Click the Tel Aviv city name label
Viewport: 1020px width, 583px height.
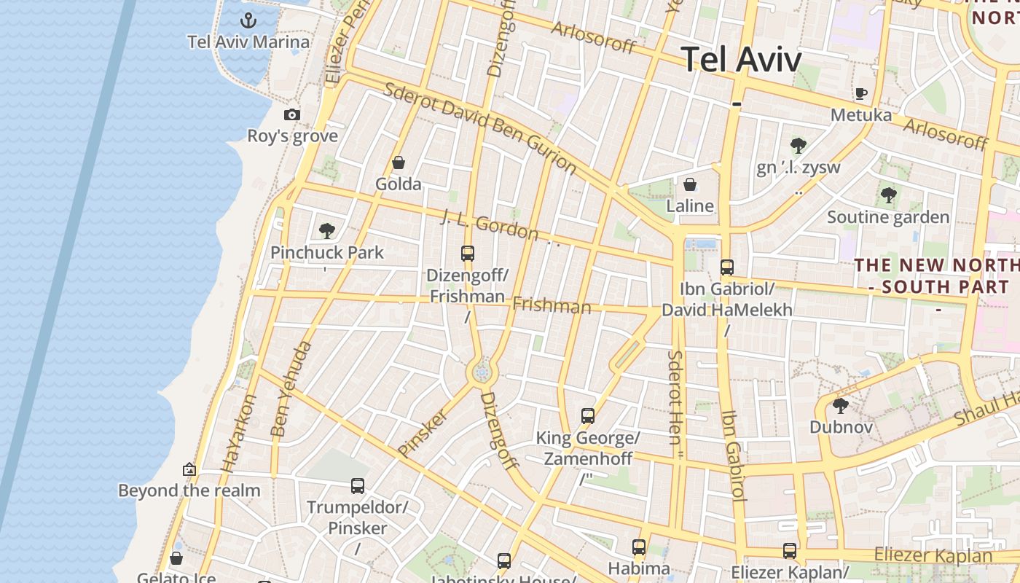click(x=741, y=60)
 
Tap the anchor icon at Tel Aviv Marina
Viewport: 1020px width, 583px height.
click(x=248, y=20)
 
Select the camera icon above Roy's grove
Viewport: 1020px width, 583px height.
click(x=292, y=115)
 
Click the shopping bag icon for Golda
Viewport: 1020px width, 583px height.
click(x=398, y=163)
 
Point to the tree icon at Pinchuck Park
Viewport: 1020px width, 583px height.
click(x=327, y=231)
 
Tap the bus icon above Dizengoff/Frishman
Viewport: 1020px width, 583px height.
click(x=468, y=254)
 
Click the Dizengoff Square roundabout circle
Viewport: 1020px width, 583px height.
click(x=481, y=373)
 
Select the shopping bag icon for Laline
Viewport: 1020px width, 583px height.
click(x=689, y=184)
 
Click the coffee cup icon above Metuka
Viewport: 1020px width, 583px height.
click(x=860, y=93)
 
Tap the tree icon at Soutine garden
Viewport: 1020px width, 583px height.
click(x=888, y=195)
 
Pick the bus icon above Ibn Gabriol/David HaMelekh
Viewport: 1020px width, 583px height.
click(x=726, y=267)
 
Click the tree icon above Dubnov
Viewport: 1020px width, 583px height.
click(x=840, y=405)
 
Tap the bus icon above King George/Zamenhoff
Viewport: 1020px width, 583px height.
click(x=588, y=416)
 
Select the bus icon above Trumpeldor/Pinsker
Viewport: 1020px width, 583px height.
click(x=357, y=485)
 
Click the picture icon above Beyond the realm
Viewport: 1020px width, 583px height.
click(x=189, y=469)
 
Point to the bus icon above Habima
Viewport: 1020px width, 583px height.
click(x=639, y=547)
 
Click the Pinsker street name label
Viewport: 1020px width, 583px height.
click(x=423, y=432)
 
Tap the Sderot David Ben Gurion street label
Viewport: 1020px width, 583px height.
click(x=480, y=128)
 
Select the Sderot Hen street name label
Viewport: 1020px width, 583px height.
click(x=675, y=397)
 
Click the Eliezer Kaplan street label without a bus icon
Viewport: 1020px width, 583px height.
click(x=933, y=555)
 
